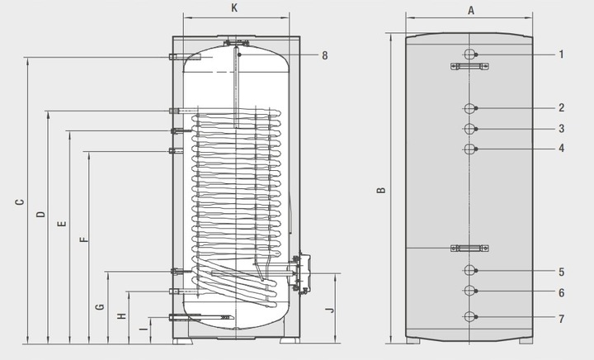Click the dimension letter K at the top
(x=235, y=8)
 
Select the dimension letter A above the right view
(x=470, y=10)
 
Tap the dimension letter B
(x=381, y=190)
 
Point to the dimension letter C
(x=18, y=201)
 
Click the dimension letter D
(x=40, y=215)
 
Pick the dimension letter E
(x=60, y=225)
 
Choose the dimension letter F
(x=81, y=240)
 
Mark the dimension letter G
(x=100, y=306)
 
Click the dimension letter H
(x=121, y=316)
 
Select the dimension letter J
(x=330, y=310)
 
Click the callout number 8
(x=325, y=55)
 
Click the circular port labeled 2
(x=469, y=108)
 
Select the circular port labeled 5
(x=469, y=271)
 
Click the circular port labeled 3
(x=469, y=129)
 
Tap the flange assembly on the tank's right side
(x=304, y=272)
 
